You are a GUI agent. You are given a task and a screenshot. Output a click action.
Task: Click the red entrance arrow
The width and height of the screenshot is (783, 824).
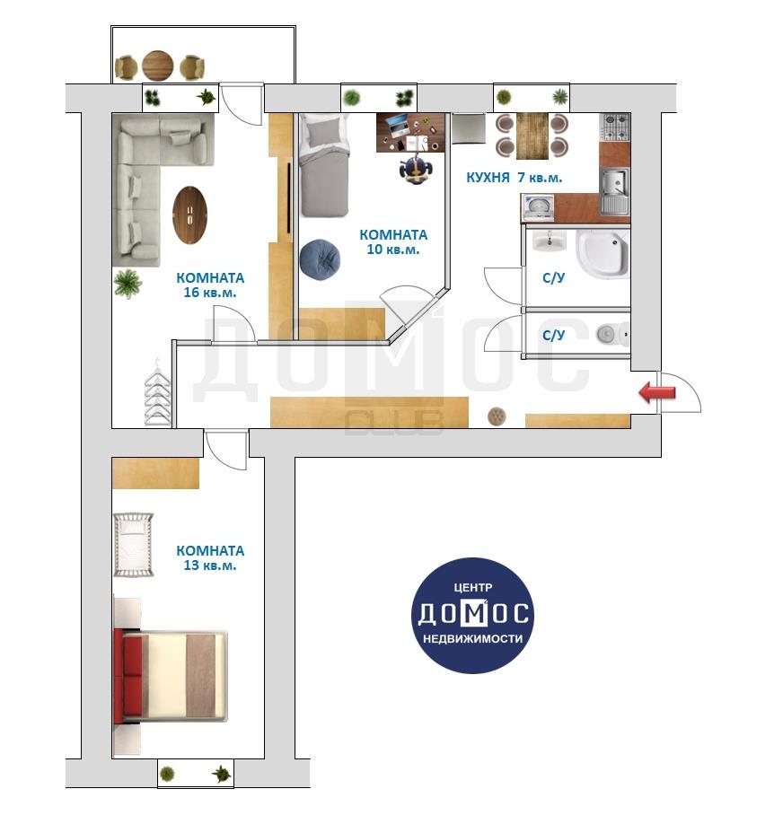pos(656,392)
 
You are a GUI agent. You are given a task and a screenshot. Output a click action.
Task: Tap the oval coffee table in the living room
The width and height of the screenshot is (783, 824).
pos(189,215)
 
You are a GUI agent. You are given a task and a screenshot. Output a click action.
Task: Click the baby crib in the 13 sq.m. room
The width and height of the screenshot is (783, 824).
pos(134,545)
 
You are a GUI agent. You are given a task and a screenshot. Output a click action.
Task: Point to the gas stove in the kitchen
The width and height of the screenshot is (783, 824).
pos(615,127)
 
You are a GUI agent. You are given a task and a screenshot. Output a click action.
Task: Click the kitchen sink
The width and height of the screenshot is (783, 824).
pos(614,190)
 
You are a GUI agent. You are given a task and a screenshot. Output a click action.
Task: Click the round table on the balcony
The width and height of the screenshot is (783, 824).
pos(157,66)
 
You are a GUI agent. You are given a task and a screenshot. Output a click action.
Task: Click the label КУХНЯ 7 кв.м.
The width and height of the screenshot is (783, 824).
pos(514,178)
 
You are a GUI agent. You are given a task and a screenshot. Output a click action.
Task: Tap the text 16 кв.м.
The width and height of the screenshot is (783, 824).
pos(210,293)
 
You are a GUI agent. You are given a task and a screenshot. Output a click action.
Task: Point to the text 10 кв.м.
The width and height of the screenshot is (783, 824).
pos(392,250)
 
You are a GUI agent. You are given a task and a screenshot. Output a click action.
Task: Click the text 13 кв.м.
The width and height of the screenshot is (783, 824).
pos(210,565)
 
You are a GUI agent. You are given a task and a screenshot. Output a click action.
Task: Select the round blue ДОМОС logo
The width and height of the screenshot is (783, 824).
pos(472,615)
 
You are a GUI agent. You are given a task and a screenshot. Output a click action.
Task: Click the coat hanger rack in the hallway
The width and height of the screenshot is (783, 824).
pos(158,392)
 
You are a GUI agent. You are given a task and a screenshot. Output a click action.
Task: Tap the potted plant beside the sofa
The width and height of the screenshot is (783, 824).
pos(128,284)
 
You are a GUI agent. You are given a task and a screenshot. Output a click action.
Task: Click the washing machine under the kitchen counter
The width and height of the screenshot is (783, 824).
pos(538,207)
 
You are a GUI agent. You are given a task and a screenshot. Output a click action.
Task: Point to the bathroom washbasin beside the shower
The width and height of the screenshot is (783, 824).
pos(550,241)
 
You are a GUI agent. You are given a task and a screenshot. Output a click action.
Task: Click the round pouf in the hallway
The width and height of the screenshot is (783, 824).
pos(497,416)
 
